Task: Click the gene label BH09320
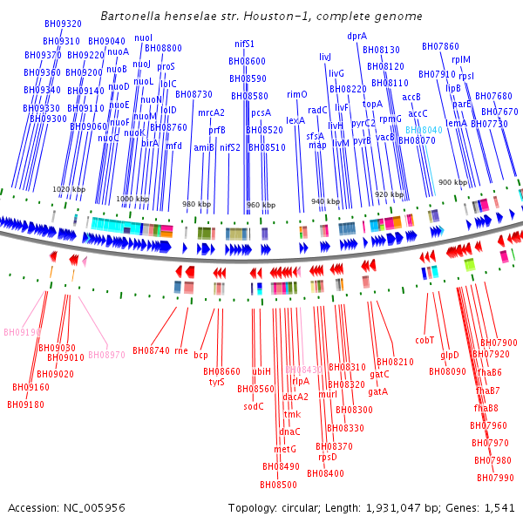(64, 24)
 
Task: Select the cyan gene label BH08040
(424, 130)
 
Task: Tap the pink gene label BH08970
(106, 355)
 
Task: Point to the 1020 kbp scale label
(69, 189)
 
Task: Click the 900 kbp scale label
(452, 182)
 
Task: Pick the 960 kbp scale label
(260, 206)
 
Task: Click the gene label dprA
(357, 37)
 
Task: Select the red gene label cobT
(425, 340)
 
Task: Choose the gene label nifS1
(245, 44)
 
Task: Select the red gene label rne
(181, 350)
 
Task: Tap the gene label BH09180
(25, 404)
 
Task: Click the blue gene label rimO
(297, 94)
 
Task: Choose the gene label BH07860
(440, 46)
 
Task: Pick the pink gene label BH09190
(22, 332)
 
